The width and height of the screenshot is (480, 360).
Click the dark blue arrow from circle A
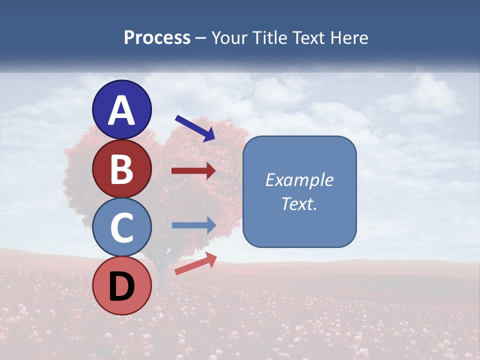pos(194,128)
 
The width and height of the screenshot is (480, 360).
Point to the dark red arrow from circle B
pos(193,171)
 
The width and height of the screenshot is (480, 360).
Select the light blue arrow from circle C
pos(193,225)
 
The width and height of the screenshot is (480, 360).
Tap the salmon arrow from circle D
pos(195,263)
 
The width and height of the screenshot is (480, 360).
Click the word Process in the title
pos(157,37)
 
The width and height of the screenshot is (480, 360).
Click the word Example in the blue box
pos(299,180)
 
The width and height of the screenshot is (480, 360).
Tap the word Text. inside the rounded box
pos(299,203)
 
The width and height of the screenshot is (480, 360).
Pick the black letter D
pos(122,286)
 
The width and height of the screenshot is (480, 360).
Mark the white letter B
pos(122,169)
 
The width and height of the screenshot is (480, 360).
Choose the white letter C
pos(122,227)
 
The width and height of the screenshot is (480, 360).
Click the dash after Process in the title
pos(201,38)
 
